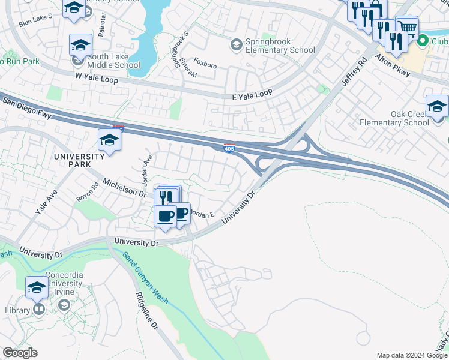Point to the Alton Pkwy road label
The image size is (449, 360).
[x=393, y=65]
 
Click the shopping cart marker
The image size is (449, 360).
[x=407, y=26]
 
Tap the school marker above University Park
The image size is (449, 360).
[x=109, y=140]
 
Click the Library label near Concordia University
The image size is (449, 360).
[x=16, y=310]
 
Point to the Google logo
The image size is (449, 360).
[x=20, y=353]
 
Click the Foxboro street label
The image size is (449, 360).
[x=205, y=62]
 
